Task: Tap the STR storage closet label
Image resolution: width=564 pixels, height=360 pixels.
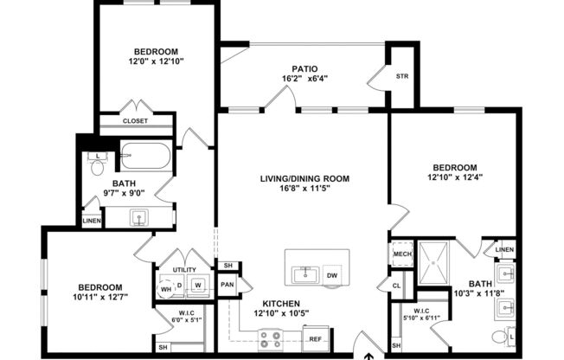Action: coord(402,75)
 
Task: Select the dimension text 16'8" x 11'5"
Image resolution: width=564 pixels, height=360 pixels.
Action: coord(304,189)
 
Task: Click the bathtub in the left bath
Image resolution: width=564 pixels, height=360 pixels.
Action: coord(148,156)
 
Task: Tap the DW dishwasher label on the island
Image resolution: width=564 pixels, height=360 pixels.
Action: coord(332,276)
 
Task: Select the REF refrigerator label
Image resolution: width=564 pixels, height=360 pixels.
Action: coord(315,338)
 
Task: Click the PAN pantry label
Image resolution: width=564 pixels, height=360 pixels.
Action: coord(228,284)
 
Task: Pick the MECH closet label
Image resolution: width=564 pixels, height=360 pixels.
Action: coord(401,254)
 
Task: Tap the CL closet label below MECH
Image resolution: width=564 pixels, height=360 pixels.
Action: coord(397,284)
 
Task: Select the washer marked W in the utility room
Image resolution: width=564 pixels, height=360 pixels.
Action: coord(198,284)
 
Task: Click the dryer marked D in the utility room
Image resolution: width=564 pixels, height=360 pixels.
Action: coord(179,284)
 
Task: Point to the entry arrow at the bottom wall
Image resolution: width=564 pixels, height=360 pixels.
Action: coord(370,355)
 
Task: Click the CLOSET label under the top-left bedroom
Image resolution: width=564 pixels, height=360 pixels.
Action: coord(135,121)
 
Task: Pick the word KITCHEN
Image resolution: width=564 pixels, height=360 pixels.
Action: coord(282,303)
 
